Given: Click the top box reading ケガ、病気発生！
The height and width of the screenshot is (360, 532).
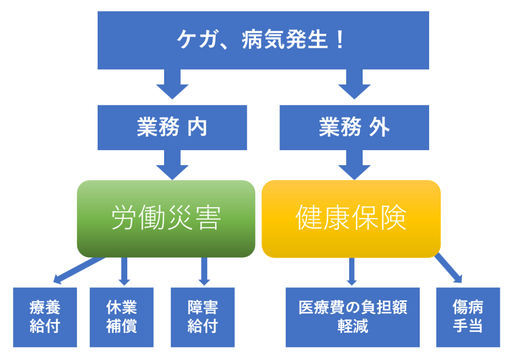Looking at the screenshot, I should click(263, 41).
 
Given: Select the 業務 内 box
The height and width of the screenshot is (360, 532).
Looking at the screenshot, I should click(172, 127).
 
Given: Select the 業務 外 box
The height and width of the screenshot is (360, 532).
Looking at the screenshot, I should click(354, 127).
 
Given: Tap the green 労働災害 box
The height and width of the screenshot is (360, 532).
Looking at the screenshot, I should click(166, 219).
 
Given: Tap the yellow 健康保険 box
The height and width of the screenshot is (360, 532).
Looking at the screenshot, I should click(351, 219).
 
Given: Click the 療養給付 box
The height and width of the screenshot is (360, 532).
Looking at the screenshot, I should click(45, 317).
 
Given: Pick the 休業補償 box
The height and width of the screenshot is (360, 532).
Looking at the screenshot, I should click(122, 317).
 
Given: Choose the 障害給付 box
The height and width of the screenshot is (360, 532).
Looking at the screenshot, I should click(203, 317).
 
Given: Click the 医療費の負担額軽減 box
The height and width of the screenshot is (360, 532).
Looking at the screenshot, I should click(352, 317).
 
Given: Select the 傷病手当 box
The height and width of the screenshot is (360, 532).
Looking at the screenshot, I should click(468, 317).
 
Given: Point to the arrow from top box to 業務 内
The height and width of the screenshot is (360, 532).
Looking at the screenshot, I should click(172, 83).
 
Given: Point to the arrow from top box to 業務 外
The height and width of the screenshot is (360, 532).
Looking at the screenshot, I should click(354, 83).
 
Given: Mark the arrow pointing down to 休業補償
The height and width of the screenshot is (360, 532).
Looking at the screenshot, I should click(124, 271).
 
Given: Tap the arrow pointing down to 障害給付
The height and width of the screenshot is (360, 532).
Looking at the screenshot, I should click(204, 271).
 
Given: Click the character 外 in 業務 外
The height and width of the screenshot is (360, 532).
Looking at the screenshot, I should click(380, 127).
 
